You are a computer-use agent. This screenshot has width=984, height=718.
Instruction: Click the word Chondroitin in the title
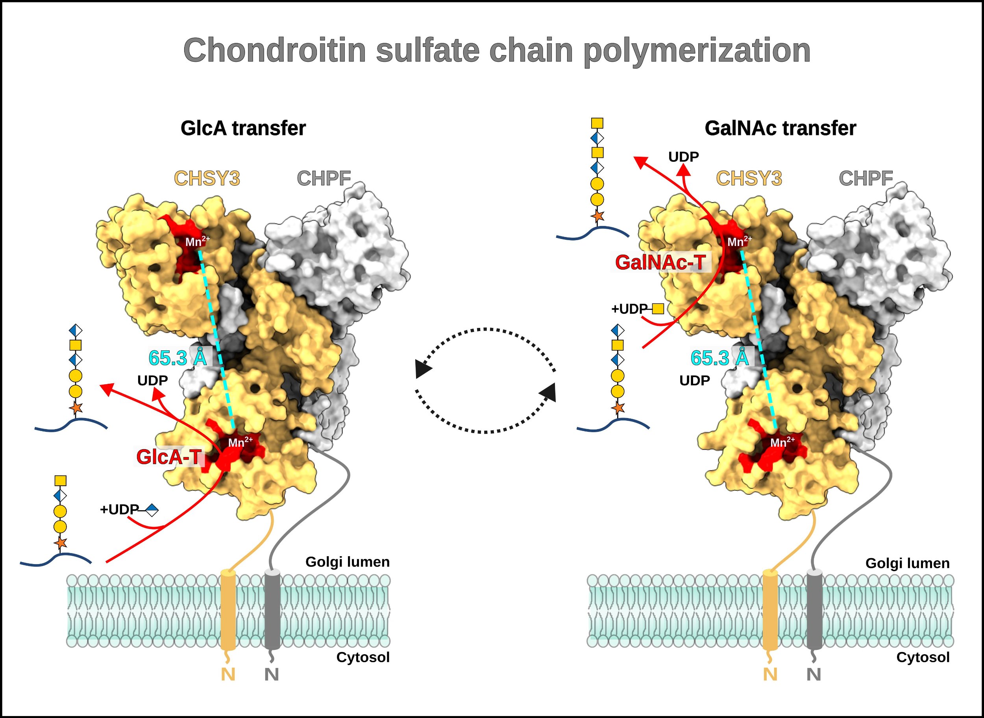tap(275, 50)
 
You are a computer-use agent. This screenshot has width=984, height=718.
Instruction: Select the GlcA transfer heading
tap(243, 128)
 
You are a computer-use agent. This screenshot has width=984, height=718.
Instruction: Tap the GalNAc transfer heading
tap(780, 128)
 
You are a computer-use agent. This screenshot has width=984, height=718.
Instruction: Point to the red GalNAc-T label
tap(660, 262)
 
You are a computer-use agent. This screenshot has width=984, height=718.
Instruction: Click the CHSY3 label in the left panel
tap(207, 178)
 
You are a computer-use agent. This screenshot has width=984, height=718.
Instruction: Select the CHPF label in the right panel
tap(866, 178)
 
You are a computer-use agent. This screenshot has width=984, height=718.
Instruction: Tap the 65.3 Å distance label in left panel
tap(178, 358)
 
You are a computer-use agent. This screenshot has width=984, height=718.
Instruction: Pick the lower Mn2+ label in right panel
tap(782, 442)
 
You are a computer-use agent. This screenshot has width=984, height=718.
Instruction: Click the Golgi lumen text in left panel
tap(347, 562)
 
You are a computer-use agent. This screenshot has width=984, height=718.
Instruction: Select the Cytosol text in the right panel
tap(923, 657)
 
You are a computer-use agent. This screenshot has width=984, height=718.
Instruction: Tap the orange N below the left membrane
tap(228, 674)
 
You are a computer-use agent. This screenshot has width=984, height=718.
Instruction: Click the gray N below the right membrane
tap(813, 674)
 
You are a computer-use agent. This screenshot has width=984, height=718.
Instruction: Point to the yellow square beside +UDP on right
tap(658, 309)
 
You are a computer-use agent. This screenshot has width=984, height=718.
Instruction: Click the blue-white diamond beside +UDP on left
tap(152, 510)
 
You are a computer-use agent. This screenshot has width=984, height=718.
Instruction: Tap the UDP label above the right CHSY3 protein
tap(683, 157)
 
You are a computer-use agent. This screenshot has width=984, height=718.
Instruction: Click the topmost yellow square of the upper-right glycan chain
tap(597, 123)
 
